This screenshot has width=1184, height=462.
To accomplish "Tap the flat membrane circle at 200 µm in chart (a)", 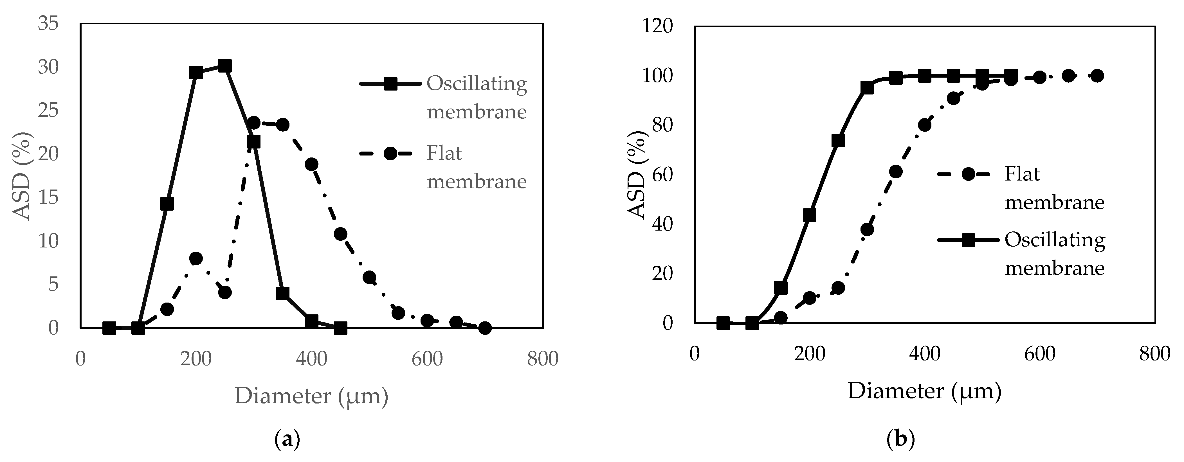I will [x=196, y=258].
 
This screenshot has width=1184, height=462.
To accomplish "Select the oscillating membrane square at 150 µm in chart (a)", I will [x=167, y=204].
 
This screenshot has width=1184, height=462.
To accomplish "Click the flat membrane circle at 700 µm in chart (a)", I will [x=485, y=328].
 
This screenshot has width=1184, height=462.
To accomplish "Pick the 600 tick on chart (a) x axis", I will [x=427, y=359].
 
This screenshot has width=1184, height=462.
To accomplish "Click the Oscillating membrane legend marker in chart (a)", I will [x=390, y=84].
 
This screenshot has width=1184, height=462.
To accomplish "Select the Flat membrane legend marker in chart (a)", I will [x=390, y=153].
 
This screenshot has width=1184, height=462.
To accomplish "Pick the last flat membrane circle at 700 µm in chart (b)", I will [x=1097, y=76].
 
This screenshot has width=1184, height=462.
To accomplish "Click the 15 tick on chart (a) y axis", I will [x=48, y=197].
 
